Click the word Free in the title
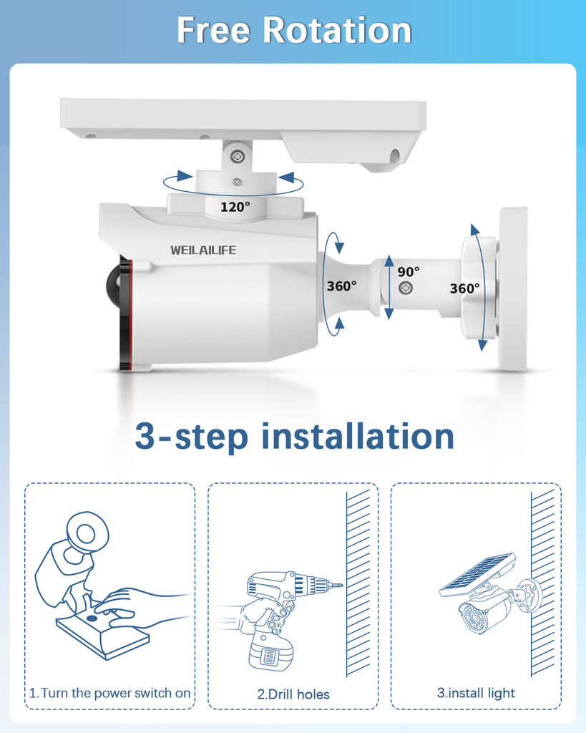coord(213,30)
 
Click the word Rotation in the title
coord(337,30)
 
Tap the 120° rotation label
coord(235,207)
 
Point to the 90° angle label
coord(409,271)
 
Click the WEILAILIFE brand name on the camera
coord(203,250)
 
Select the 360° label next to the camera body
coord(341,286)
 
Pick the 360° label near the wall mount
coord(464,288)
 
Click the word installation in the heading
coord(358,436)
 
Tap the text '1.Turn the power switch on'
coord(109,693)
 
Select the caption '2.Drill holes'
coord(293,694)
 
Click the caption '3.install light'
coord(476,693)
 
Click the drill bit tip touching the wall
coord(342,585)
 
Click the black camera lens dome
coord(114,283)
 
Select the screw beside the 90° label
coord(405,288)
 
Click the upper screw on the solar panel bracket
coord(238,156)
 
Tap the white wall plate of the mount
coord(513,288)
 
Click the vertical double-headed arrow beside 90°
coord(389,288)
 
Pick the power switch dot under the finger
coord(92,618)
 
